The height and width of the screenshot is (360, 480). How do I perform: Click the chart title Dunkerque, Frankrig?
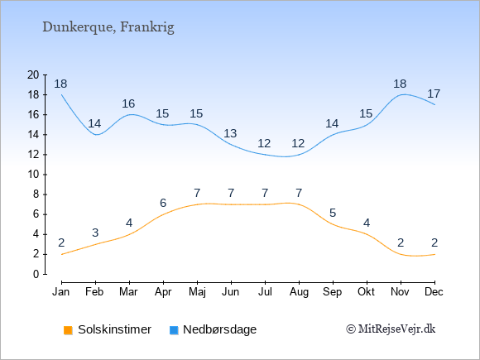108,27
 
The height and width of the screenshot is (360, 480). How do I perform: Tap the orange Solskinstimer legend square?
68,330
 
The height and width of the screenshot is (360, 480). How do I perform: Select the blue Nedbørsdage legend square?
174,330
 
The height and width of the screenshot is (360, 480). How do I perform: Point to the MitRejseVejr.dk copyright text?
391,329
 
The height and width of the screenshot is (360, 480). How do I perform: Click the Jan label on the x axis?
61,292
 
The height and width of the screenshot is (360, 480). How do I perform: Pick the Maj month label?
197,292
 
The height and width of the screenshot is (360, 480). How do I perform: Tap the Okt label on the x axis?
366,292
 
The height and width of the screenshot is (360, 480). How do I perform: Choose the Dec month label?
434,292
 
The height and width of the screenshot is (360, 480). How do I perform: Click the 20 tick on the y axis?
33,74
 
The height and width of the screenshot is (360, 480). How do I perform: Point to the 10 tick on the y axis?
33,175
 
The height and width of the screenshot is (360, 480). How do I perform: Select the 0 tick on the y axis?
36,274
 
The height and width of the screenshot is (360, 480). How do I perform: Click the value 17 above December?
434,94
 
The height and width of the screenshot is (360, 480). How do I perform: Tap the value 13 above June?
230,133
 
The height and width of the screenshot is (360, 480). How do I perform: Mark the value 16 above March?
128,103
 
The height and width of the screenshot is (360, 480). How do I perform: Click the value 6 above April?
163,203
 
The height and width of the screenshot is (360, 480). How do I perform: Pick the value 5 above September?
333,213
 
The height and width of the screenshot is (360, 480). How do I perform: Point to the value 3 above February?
95,233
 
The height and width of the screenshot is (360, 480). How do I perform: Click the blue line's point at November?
401,95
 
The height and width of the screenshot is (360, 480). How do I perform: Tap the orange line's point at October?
367,234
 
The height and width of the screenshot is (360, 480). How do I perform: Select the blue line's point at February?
95,135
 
